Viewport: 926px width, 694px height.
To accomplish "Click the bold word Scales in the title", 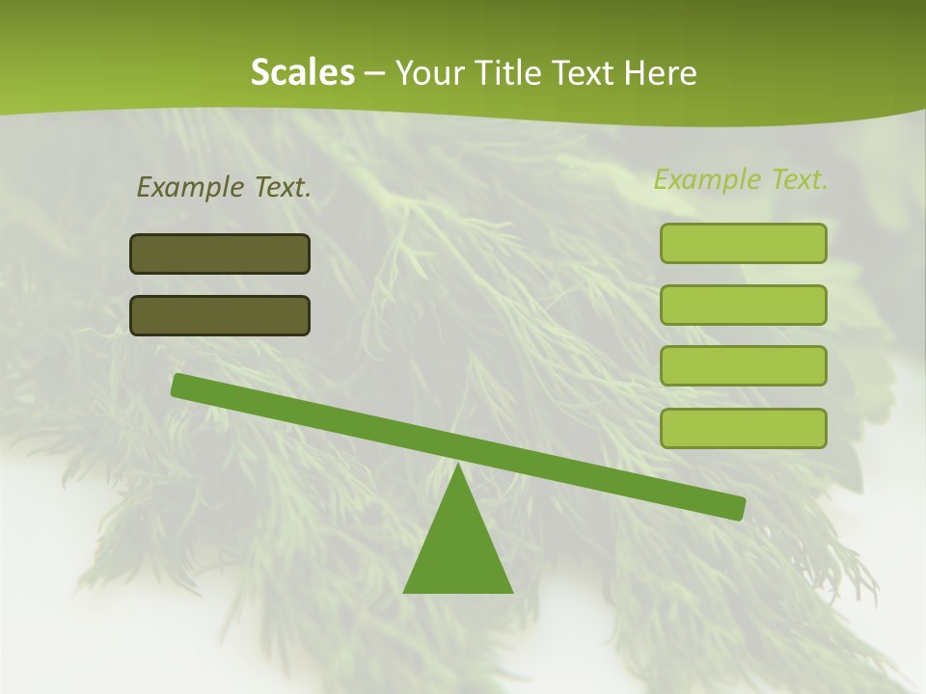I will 302,72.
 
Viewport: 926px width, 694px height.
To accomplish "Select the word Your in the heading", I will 427,72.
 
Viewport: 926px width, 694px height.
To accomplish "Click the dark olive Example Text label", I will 224,187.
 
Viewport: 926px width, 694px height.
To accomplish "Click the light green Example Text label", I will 741,179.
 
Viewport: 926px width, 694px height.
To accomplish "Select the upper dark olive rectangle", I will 220,254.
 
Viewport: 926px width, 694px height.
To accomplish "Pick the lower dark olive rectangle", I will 220,315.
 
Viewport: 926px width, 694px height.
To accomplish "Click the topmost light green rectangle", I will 743,243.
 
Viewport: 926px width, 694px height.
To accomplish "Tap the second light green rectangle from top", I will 743,305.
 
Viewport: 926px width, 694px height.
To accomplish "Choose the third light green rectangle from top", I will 743,365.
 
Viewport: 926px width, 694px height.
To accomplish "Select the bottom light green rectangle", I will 743,428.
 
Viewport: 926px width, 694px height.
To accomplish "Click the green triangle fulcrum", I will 458,549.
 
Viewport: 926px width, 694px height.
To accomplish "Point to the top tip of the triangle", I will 458,466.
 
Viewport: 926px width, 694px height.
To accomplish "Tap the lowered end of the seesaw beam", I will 737,508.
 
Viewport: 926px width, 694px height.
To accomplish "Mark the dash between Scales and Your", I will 375,73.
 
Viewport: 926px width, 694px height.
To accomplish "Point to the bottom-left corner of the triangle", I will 404,592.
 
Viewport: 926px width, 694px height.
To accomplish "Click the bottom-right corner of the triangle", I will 512,592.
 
